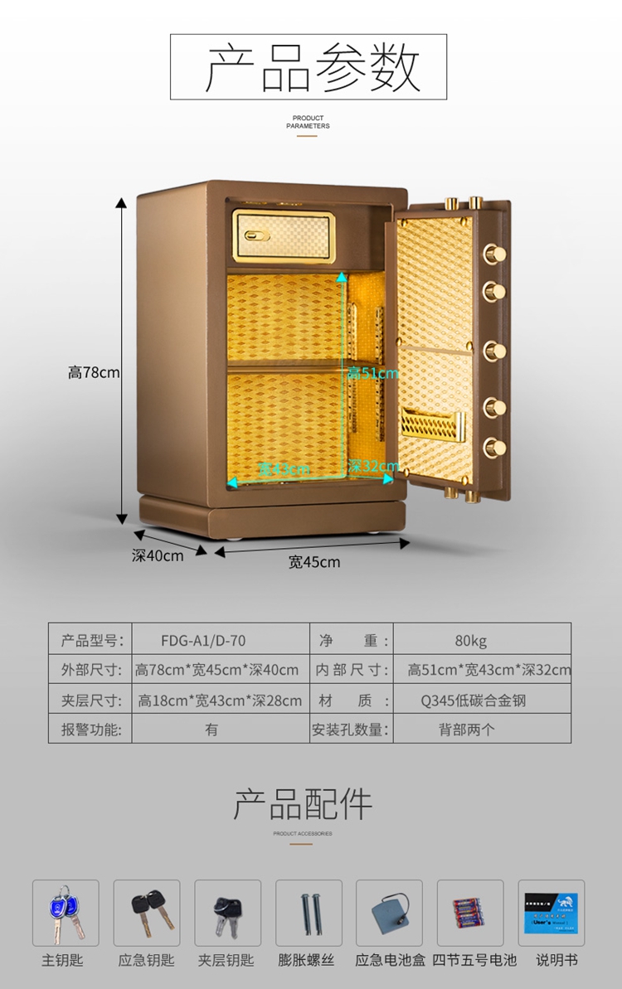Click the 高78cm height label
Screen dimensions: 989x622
click(x=94, y=373)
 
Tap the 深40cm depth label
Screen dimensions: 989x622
click(x=158, y=555)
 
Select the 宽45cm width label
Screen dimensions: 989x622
click(x=314, y=562)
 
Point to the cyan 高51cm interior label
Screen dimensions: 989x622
click(x=372, y=374)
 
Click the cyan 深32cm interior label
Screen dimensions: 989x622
click(x=373, y=467)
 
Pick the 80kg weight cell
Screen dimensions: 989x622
click(x=470, y=640)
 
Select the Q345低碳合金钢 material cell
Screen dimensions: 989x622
click(x=473, y=701)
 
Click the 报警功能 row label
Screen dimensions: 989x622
click(x=91, y=730)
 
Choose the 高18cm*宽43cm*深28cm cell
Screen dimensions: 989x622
click(x=220, y=701)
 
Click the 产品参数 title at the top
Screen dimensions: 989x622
click(x=309, y=68)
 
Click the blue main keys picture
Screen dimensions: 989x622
click(x=66, y=913)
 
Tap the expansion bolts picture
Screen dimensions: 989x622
click(x=309, y=914)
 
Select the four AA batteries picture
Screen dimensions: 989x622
click(x=471, y=914)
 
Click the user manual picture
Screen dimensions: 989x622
click(x=552, y=914)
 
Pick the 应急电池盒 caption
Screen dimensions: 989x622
click(x=390, y=961)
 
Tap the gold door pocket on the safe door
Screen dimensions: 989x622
click(x=431, y=424)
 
